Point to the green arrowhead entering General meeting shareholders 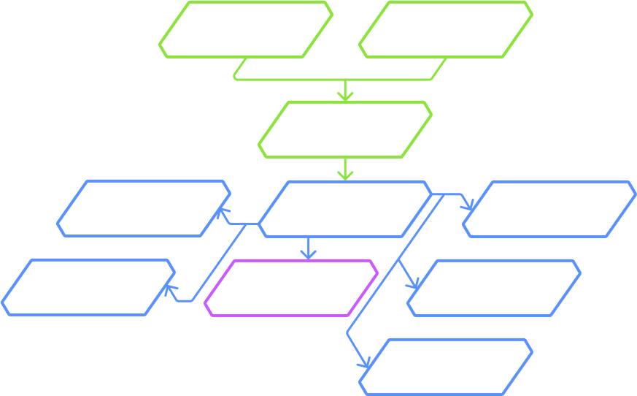click(344, 95)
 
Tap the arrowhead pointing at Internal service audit click(169, 290)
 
